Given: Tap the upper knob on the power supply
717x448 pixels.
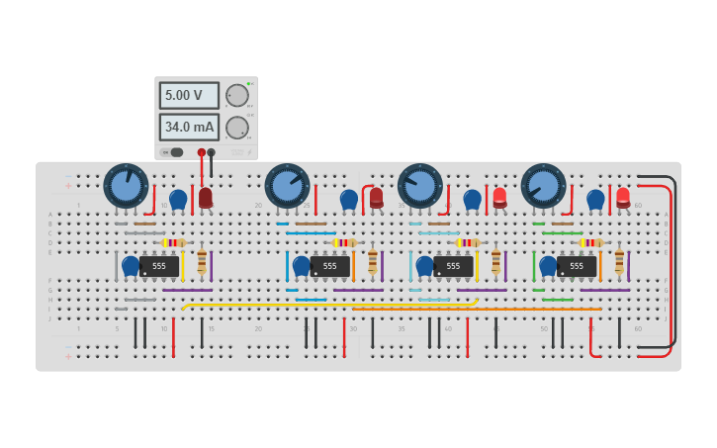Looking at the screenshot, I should coord(237,95).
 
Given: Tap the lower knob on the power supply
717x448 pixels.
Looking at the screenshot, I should coord(237,128).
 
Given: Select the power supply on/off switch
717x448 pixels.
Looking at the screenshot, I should coord(172,152).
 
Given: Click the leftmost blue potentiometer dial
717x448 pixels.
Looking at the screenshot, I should coord(126,186).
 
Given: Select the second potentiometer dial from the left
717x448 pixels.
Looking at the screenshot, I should coord(287,186).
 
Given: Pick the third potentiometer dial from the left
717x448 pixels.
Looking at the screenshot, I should coord(420,186).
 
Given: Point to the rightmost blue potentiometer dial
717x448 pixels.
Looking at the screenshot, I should coord(543,186).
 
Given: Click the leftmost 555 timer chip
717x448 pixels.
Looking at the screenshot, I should coord(159,266).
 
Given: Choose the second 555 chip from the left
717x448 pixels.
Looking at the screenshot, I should coord(330,266).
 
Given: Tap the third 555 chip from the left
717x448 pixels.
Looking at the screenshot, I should coord(453,266).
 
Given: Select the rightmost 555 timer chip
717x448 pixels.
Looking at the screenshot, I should coord(577,266).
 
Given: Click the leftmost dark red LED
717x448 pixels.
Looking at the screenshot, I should coord(206,197).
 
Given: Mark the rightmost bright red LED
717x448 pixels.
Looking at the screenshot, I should coord(623,197).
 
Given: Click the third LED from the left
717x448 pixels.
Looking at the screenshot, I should coord(499,197).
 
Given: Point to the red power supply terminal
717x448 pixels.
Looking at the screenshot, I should coord(202,152).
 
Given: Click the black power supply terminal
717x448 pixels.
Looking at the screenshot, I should coord(212,152).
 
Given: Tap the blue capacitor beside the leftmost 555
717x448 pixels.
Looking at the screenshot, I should coord(131,265).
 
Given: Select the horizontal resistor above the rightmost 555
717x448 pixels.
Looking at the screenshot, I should coord(591,242).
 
